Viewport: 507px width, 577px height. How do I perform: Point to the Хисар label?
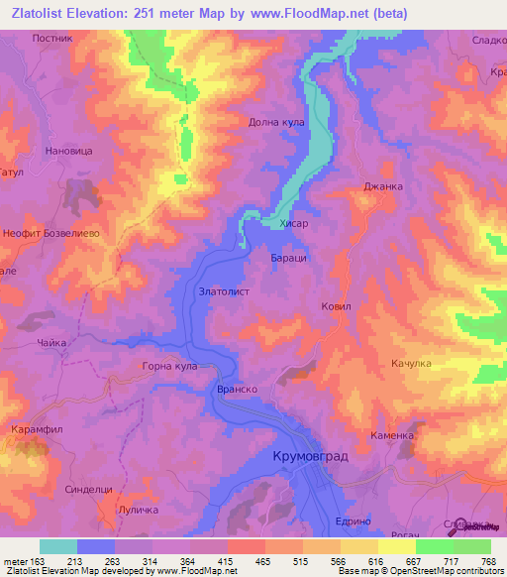(x=294, y=225)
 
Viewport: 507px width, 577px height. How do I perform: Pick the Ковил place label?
(x=337, y=307)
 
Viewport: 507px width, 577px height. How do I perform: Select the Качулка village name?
(x=411, y=364)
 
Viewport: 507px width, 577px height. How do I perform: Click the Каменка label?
(x=392, y=435)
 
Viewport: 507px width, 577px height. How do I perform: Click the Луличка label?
(x=137, y=509)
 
